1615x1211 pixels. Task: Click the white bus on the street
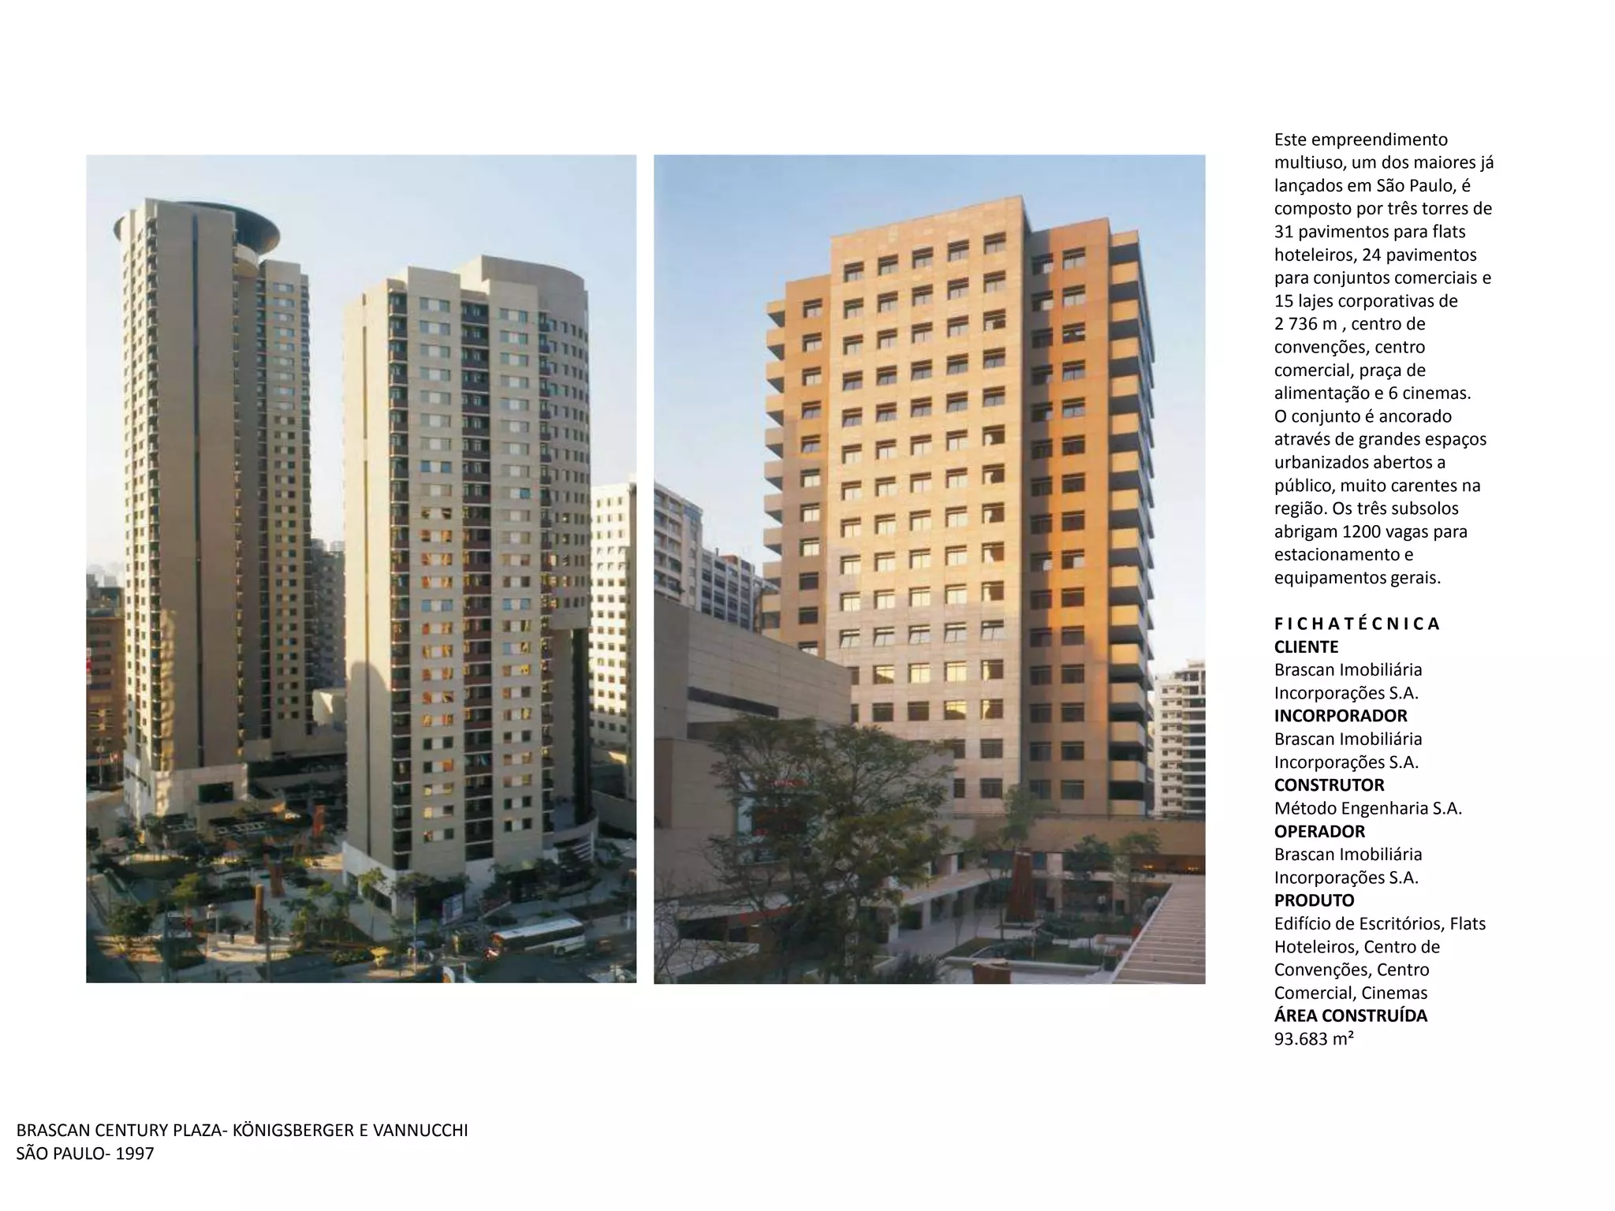(538, 936)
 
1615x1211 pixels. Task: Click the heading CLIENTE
(1306, 647)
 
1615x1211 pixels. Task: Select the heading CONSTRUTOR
(1329, 785)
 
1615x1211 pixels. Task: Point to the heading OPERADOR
(1319, 832)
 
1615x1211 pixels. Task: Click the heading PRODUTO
(1314, 900)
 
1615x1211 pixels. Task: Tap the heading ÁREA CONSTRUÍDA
(1350, 1015)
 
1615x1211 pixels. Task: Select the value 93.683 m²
(1314, 1039)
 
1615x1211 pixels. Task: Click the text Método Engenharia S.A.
(1367, 808)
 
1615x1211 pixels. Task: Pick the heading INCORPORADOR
(1341, 716)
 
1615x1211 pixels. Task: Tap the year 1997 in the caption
(133, 1154)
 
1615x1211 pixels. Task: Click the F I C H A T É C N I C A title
(1356, 624)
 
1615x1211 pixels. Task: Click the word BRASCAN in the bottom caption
(50, 1131)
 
